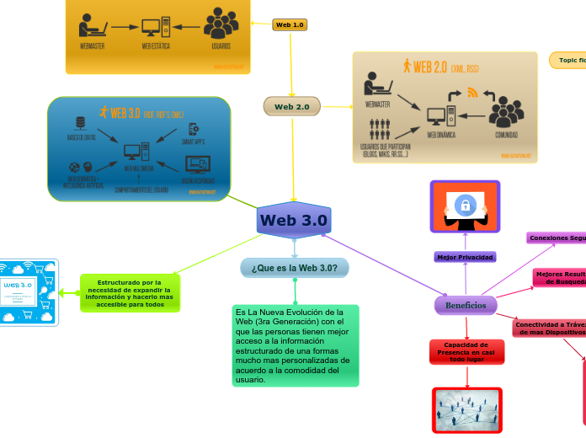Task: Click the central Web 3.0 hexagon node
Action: tap(294, 221)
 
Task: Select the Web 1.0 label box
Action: tap(290, 25)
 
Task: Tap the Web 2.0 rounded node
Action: tap(292, 107)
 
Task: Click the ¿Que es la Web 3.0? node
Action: tap(295, 268)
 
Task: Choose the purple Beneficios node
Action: tap(465, 305)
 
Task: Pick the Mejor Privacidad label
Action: tap(465, 256)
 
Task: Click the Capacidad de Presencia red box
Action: tap(467, 352)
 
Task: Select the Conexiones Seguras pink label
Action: tap(557, 238)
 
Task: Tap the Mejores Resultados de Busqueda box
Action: tap(559, 278)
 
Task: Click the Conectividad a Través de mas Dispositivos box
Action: tap(550, 328)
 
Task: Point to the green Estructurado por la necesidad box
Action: tap(130, 293)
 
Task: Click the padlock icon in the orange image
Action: tap(465, 205)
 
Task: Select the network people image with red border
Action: tap(467, 409)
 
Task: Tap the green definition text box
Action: tap(295, 345)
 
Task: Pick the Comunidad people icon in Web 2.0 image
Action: tap(506, 111)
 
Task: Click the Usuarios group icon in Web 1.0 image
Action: tap(221, 24)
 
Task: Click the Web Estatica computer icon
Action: tap(156, 27)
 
